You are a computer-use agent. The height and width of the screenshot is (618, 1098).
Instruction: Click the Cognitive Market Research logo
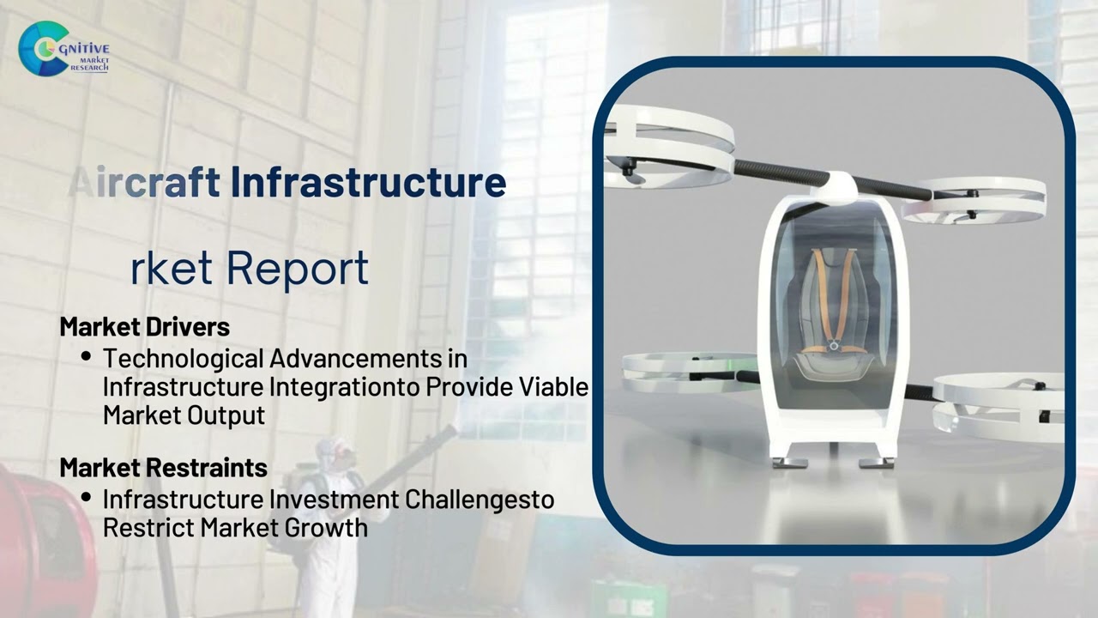coord(63,49)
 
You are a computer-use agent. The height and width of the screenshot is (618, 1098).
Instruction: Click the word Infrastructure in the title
coord(368,182)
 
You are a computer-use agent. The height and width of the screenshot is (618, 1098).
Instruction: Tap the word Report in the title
coord(297,268)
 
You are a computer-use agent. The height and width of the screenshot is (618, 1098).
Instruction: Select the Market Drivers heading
coord(144,327)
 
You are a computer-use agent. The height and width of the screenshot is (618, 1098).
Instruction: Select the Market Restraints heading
coord(163,468)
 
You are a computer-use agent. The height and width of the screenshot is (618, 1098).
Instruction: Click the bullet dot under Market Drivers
coord(87,355)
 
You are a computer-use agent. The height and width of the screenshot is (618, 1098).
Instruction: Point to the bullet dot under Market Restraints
coord(87,497)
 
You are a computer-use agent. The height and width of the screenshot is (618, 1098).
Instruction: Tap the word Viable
coord(554,387)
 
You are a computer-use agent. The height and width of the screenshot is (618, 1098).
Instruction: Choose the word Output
coord(225,415)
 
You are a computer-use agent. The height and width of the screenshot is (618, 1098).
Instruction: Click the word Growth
coord(330,527)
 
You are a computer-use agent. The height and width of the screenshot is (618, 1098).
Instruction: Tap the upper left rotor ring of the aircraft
coord(668,142)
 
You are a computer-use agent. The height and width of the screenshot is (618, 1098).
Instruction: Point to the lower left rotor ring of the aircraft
coord(678,371)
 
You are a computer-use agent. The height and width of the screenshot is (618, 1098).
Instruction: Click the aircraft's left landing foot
coord(789,462)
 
